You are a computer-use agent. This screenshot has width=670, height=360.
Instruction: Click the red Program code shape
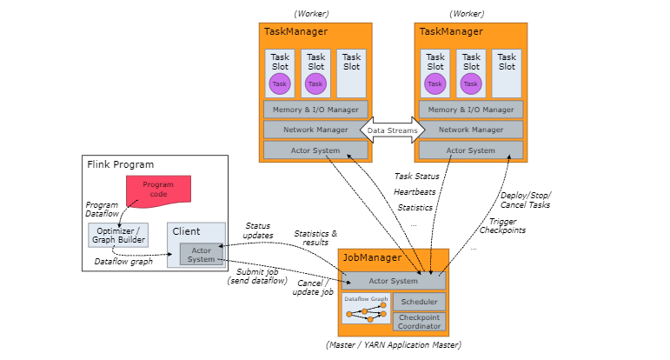pos(158,190)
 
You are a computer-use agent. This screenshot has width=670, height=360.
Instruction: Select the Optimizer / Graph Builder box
pos(118,235)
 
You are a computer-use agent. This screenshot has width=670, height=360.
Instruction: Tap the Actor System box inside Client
pos(202,255)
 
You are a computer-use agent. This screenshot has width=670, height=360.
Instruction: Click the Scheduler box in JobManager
pos(419,302)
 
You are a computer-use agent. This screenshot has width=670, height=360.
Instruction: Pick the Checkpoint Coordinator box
pos(419,322)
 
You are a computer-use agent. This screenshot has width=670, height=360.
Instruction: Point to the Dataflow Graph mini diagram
pos(366,309)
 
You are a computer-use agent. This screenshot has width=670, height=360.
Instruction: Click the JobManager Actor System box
pos(394,281)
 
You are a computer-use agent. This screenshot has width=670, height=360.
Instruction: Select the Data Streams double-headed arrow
pos(392,130)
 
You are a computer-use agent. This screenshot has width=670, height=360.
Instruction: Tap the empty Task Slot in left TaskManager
pos(351,73)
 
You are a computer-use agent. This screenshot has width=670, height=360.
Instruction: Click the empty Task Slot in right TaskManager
pos(507,73)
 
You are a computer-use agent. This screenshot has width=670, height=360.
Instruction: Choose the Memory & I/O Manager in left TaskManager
pos(315,110)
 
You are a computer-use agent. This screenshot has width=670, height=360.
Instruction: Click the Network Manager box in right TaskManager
pos(471,130)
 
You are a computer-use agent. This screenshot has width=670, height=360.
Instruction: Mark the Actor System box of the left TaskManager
pos(315,150)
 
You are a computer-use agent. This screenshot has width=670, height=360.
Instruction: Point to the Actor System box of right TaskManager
pos(471,150)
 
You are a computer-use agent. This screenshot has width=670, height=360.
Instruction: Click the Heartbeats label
pos(415,192)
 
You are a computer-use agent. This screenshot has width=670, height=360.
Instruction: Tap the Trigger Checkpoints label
pos(502,226)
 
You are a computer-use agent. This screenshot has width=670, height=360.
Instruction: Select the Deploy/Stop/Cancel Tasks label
pos(526,200)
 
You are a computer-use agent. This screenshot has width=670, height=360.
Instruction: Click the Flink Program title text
pos(121,164)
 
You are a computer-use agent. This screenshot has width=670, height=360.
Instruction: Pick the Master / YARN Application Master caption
pos(394,344)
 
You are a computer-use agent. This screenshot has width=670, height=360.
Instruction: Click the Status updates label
pos(258,230)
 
